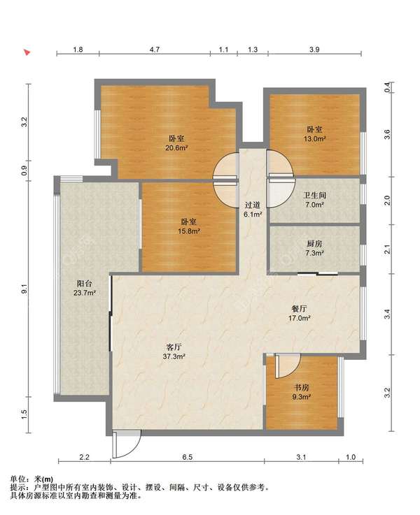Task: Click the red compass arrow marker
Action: [27, 52]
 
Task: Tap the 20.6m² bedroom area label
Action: [176, 148]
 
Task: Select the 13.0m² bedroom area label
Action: [314, 138]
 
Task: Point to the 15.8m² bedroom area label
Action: [189, 231]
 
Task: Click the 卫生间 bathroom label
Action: [314, 196]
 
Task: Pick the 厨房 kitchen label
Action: [314, 244]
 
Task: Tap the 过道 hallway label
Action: [253, 205]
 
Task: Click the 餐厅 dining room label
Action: [300, 309]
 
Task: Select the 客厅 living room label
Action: [174, 347]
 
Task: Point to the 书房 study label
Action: [302, 388]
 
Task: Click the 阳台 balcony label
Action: [85, 284]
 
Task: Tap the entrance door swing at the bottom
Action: [126, 444]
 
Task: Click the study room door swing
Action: [287, 365]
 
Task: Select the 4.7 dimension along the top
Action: [155, 50]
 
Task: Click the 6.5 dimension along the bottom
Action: [187, 457]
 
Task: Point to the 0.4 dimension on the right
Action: [387, 87]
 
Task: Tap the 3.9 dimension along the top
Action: [314, 50]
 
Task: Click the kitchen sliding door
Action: [318, 274]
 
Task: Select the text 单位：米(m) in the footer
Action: [31, 479]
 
